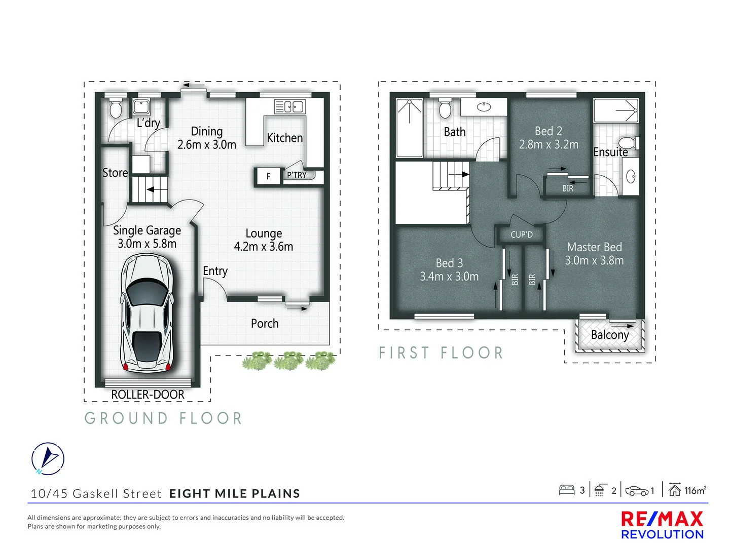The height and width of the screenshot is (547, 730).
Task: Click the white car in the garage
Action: click(x=147, y=313)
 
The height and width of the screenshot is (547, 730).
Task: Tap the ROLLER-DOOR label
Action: click(x=148, y=395)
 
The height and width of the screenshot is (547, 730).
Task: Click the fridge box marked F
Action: click(x=268, y=176)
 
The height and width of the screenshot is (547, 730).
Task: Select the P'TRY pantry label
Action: click(x=297, y=175)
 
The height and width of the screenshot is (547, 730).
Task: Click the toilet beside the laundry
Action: click(x=116, y=109)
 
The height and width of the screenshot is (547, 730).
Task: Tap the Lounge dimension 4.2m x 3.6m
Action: click(x=264, y=247)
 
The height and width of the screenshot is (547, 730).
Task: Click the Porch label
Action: click(x=265, y=324)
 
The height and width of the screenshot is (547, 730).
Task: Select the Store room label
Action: click(x=115, y=173)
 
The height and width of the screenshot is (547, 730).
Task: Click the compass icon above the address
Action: click(x=48, y=458)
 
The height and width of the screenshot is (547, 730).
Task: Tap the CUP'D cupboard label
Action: click(x=521, y=235)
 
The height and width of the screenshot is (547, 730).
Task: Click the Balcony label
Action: click(x=610, y=335)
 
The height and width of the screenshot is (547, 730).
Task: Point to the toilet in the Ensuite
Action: click(x=629, y=142)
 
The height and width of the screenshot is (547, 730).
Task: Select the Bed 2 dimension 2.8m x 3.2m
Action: click(x=549, y=145)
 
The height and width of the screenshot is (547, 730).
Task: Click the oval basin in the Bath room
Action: click(x=484, y=107)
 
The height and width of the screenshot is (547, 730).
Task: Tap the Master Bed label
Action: click(x=594, y=247)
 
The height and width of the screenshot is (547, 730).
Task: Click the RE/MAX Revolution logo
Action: click(x=662, y=525)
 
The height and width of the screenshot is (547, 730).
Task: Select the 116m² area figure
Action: click(x=695, y=490)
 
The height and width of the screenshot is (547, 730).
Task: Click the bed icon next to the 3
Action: click(x=566, y=490)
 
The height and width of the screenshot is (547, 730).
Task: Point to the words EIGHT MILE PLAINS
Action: click(x=235, y=494)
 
